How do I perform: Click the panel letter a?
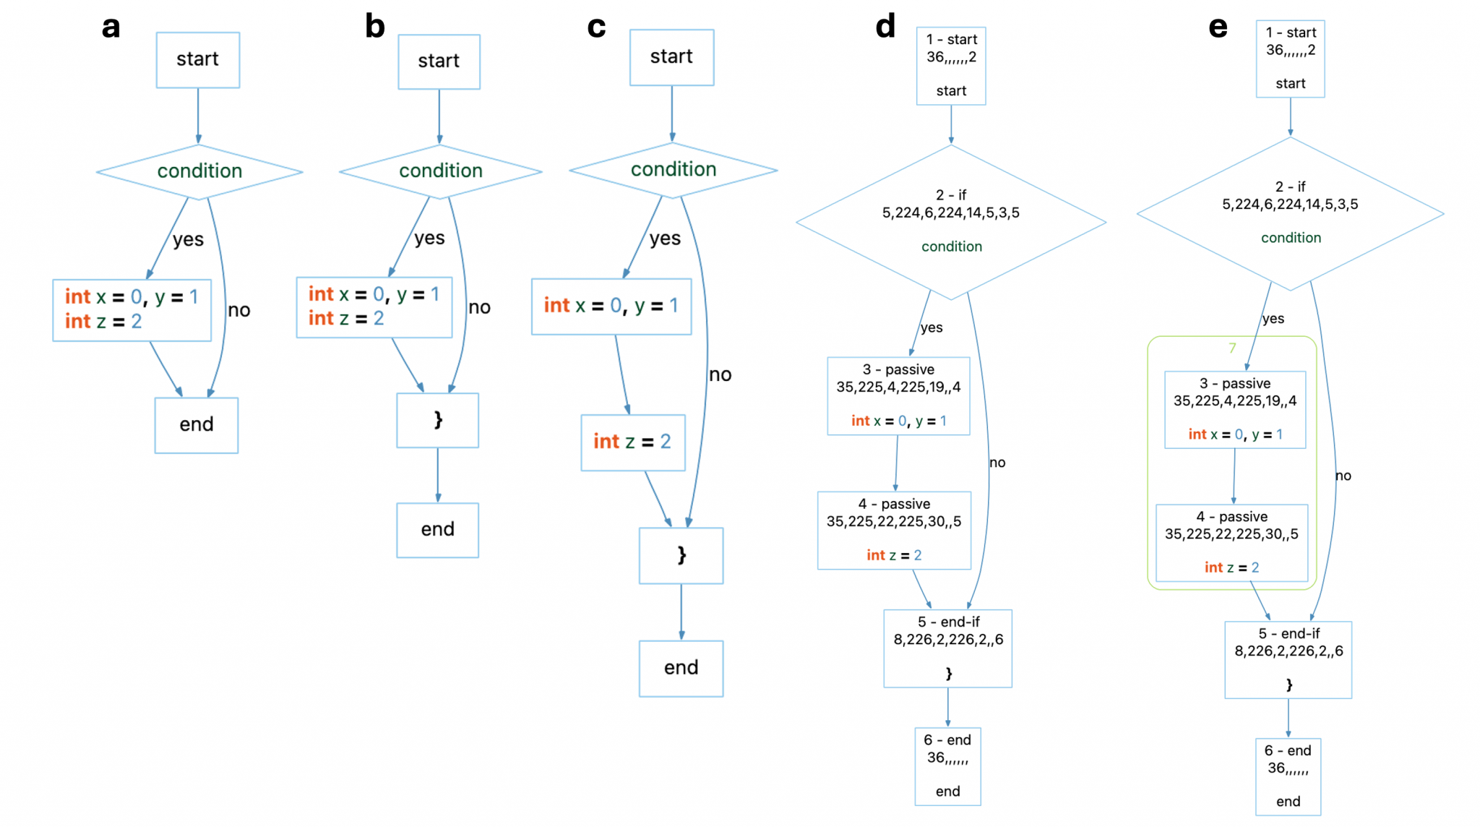[111, 28]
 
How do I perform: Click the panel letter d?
[885, 26]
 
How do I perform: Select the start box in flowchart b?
[439, 61]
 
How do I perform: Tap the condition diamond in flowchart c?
[673, 170]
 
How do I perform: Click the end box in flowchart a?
[197, 425]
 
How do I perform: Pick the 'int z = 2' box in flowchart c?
[633, 442]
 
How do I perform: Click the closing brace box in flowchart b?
[437, 420]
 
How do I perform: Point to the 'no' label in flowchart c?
[720, 374]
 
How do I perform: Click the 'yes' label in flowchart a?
[188, 239]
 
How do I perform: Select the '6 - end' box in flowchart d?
[947, 766]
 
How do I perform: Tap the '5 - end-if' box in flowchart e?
[1288, 659]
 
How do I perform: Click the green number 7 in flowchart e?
[1232, 348]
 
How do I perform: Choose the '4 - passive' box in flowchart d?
[894, 530]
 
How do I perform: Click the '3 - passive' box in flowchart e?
[1235, 410]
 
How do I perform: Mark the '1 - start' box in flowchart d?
[951, 66]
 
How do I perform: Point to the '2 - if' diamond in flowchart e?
[1290, 214]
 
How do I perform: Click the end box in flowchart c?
[681, 669]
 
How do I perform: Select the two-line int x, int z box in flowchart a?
[132, 310]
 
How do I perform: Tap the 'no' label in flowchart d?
[997, 463]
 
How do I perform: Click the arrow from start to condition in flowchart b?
[439, 116]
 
